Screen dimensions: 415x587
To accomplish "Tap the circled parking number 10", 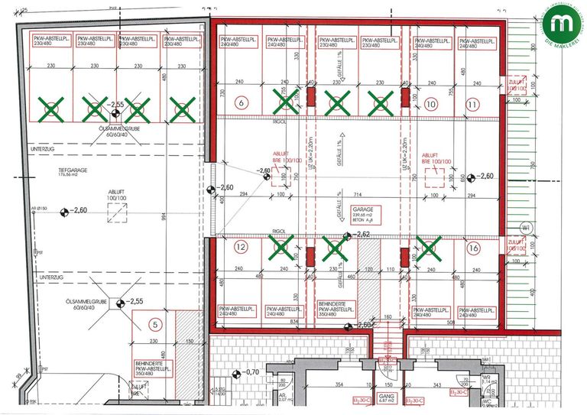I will coord(432,102).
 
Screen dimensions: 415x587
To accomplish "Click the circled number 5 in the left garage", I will coord(154,323).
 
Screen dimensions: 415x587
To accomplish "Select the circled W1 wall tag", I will coord(526,228).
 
